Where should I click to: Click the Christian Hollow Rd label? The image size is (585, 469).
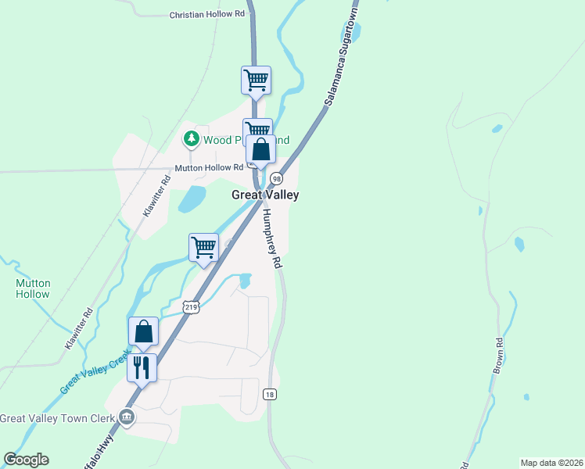pos(207,15)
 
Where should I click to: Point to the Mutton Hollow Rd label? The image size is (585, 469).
pos(209,168)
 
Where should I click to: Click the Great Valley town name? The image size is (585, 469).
pos(265,195)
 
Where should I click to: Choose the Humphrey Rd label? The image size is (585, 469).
pos(271,239)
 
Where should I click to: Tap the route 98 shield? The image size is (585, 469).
pos(276,179)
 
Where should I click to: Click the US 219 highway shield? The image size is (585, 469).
pos(192,307)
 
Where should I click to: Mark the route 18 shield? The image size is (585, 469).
pos(270,394)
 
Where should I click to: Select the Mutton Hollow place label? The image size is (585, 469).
pos(33,289)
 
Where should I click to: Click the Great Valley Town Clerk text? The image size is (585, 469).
pos(56,418)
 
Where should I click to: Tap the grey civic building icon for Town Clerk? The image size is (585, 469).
pos(127,418)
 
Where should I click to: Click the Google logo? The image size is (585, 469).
pos(26,460)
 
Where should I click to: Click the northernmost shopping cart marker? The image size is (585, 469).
pos(256,80)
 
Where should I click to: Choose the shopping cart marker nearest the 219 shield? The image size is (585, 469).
pos(204,247)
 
